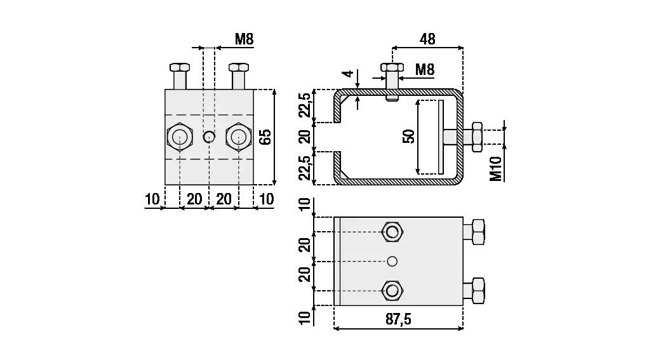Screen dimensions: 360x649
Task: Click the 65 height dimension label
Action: pyautogui.click(x=266, y=137)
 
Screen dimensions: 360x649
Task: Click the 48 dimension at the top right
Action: pyautogui.click(x=427, y=39)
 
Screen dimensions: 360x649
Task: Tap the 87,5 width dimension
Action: pyautogui.click(x=398, y=319)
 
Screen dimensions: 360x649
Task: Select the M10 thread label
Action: pyautogui.click(x=497, y=169)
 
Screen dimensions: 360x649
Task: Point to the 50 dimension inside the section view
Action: pyautogui.click(x=408, y=137)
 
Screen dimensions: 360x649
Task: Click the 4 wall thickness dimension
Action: pyautogui.click(x=347, y=74)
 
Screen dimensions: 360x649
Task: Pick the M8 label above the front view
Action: pyautogui.click(x=244, y=39)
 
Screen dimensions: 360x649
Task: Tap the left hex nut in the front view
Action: pyautogui.click(x=180, y=137)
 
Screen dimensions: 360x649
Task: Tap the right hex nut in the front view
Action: pyautogui.click(x=238, y=137)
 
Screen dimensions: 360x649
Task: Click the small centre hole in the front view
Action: pyautogui.click(x=208, y=137)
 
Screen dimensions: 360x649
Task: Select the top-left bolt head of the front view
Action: pyautogui.click(x=179, y=67)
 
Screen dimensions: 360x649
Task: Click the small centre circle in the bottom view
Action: pyautogui.click(x=392, y=261)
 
